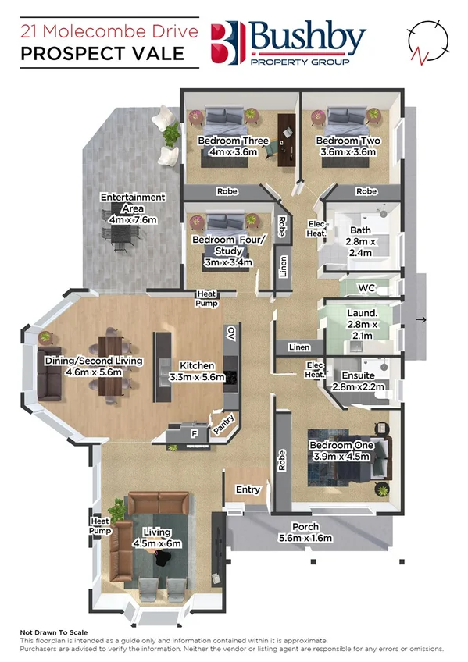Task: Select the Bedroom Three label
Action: tap(233, 141)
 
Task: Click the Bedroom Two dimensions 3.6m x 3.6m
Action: tap(348, 152)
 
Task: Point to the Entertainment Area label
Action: tap(133, 203)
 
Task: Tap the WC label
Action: tap(367, 288)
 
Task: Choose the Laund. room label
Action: tap(361, 313)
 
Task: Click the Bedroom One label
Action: tap(341, 445)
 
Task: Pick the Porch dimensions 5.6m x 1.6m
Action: tap(305, 538)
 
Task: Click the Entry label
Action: tap(248, 489)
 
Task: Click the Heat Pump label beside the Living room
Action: tap(100, 525)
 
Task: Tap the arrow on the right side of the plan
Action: tap(422, 319)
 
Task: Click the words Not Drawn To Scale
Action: tap(54, 632)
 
